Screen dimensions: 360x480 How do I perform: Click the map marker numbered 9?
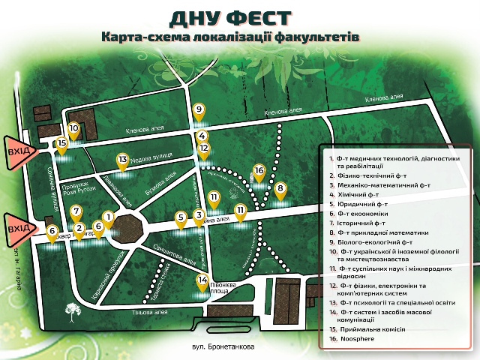click(x=199, y=110)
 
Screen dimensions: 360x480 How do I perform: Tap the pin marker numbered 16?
click(x=259, y=172)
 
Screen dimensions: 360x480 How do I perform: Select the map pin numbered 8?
click(x=280, y=189)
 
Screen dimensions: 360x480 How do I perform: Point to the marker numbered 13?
click(x=123, y=160)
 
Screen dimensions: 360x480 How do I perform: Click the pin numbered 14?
click(x=202, y=281)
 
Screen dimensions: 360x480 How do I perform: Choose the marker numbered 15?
click(x=62, y=143)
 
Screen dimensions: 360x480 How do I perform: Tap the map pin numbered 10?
click(x=73, y=129)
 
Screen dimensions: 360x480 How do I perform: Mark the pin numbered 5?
click(x=181, y=218)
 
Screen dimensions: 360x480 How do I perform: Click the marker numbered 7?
click(x=77, y=211)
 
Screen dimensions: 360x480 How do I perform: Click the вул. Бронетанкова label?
click(x=224, y=347)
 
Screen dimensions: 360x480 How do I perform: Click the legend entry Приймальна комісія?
click(x=372, y=329)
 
